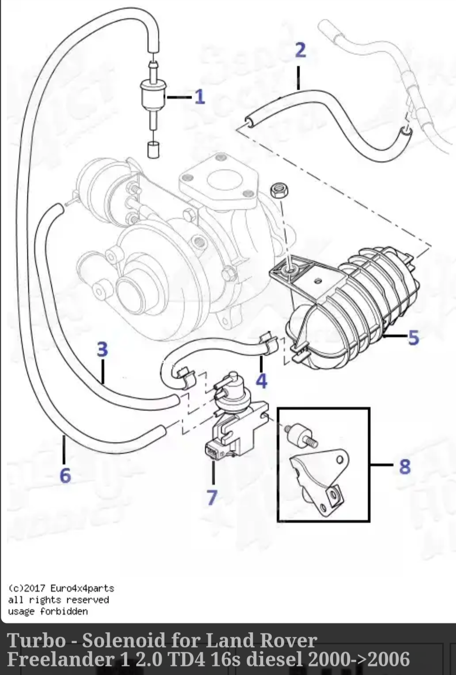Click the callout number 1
click(200, 97)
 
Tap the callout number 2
click(300, 50)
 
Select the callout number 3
click(102, 349)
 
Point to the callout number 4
click(261, 381)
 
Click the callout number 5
click(413, 338)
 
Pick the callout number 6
click(65, 475)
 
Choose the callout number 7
click(212, 497)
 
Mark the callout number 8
click(405, 466)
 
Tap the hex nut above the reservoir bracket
click(279, 189)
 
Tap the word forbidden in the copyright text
click(64, 611)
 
